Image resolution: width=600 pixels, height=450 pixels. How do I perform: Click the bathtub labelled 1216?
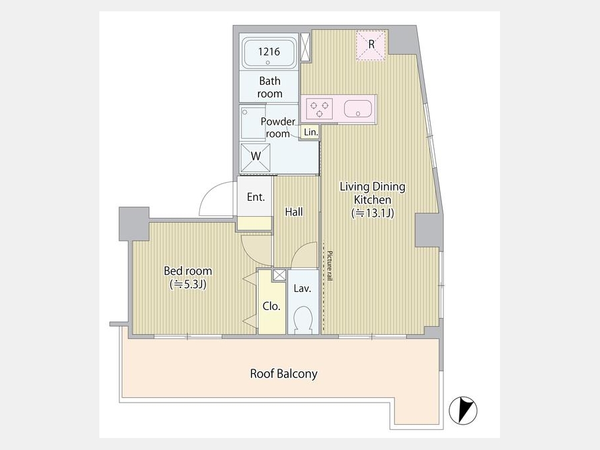(x=269, y=53)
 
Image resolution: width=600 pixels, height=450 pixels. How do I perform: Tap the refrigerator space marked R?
(x=371, y=45)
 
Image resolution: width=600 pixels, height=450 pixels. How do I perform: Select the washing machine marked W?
(x=255, y=157)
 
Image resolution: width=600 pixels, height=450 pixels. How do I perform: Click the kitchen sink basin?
(x=358, y=109)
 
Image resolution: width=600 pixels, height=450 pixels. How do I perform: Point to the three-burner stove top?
(x=319, y=108)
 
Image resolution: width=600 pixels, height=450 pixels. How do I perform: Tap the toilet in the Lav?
(x=303, y=319)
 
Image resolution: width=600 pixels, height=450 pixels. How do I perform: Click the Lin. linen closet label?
(x=311, y=133)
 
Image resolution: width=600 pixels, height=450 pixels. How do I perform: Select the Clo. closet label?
(x=271, y=306)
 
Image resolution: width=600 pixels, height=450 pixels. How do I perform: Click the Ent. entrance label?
(x=255, y=197)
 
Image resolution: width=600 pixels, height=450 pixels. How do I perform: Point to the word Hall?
(x=294, y=212)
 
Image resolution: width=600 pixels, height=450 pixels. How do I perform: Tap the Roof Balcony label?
(x=283, y=373)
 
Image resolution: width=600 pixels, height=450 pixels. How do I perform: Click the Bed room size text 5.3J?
(x=188, y=284)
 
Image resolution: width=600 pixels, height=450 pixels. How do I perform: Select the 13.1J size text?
(x=373, y=213)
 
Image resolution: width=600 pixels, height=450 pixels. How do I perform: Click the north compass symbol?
(x=463, y=411)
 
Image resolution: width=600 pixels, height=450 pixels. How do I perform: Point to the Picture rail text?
(x=329, y=266)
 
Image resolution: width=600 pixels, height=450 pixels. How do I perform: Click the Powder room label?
(x=278, y=127)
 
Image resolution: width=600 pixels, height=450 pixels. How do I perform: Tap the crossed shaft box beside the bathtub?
(x=305, y=47)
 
